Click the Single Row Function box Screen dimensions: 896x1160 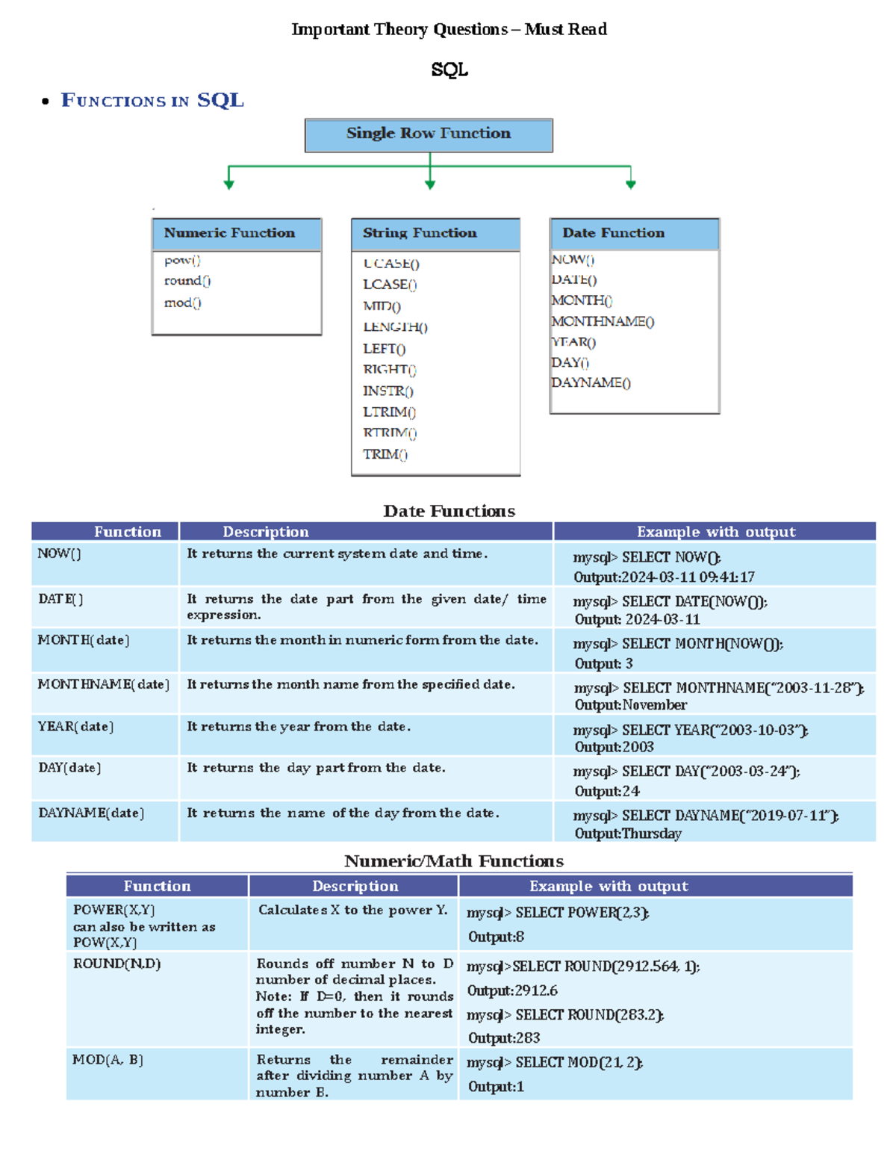[429, 134]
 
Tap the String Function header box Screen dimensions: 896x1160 [435, 234]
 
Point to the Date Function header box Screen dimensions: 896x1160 [635, 234]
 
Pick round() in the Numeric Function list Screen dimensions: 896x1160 [187, 281]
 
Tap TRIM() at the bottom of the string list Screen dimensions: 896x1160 [385, 454]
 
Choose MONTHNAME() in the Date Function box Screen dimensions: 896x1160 [603, 321]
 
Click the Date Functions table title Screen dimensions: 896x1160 [449, 511]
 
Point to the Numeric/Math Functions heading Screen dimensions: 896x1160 [454, 861]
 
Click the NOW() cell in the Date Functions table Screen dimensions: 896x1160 [60, 553]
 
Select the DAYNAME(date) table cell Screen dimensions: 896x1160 [91, 813]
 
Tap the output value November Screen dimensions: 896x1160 [655, 705]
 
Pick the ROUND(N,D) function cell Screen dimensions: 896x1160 [117, 964]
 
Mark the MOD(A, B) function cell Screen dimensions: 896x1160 [108, 1059]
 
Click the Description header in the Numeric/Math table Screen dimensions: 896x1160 [355, 886]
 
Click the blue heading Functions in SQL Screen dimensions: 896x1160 [152, 100]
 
